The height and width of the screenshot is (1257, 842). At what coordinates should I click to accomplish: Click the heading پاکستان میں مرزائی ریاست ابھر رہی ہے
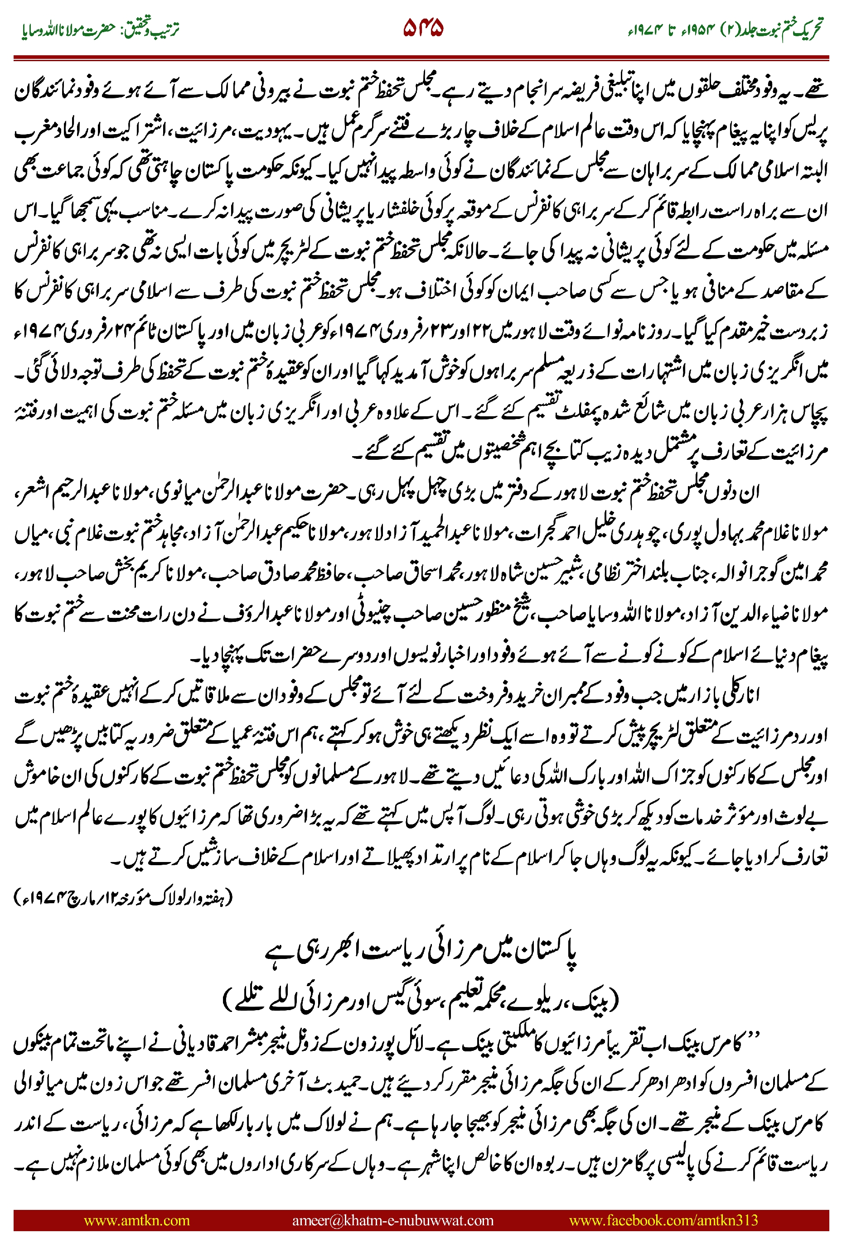pyautogui.click(x=421, y=951)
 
